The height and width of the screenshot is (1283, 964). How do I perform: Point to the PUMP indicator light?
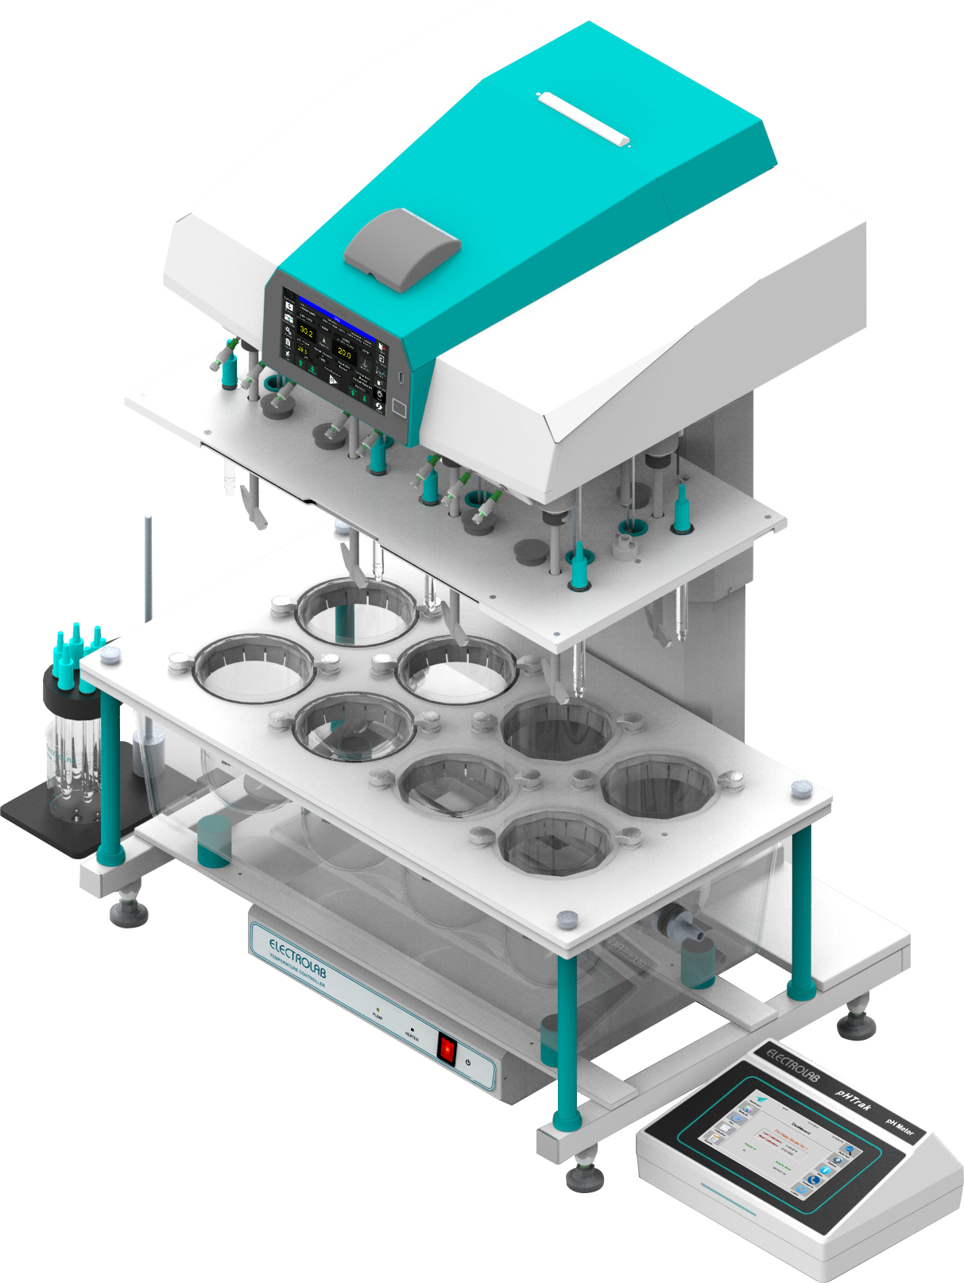click(377, 1009)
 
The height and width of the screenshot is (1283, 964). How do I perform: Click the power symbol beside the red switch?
click(469, 1062)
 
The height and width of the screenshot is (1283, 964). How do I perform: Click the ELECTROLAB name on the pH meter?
click(792, 1064)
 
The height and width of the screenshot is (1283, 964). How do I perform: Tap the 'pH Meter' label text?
click(900, 1128)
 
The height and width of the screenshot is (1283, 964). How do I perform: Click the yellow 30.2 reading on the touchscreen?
click(306, 331)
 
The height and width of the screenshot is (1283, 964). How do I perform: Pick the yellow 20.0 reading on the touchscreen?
click(344, 352)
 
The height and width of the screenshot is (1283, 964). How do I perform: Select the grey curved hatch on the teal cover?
click(402, 247)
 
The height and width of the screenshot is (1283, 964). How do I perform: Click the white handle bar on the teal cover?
click(583, 119)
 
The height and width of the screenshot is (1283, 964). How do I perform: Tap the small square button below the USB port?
click(399, 409)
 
